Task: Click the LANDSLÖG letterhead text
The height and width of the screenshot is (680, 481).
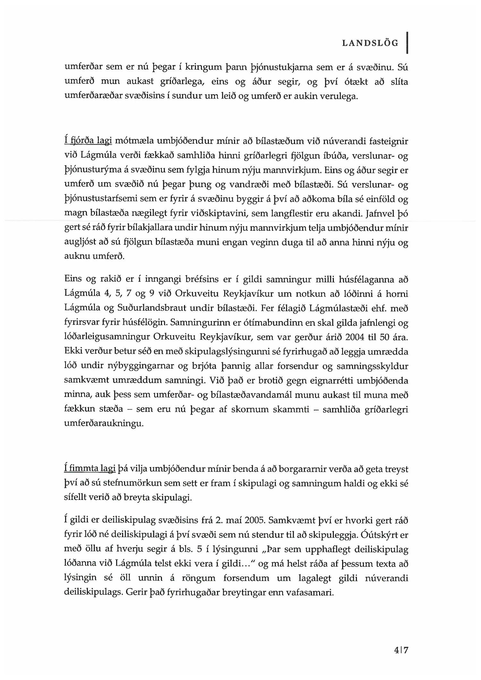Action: [370, 43]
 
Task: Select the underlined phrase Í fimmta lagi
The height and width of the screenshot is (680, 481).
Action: [89, 469]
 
